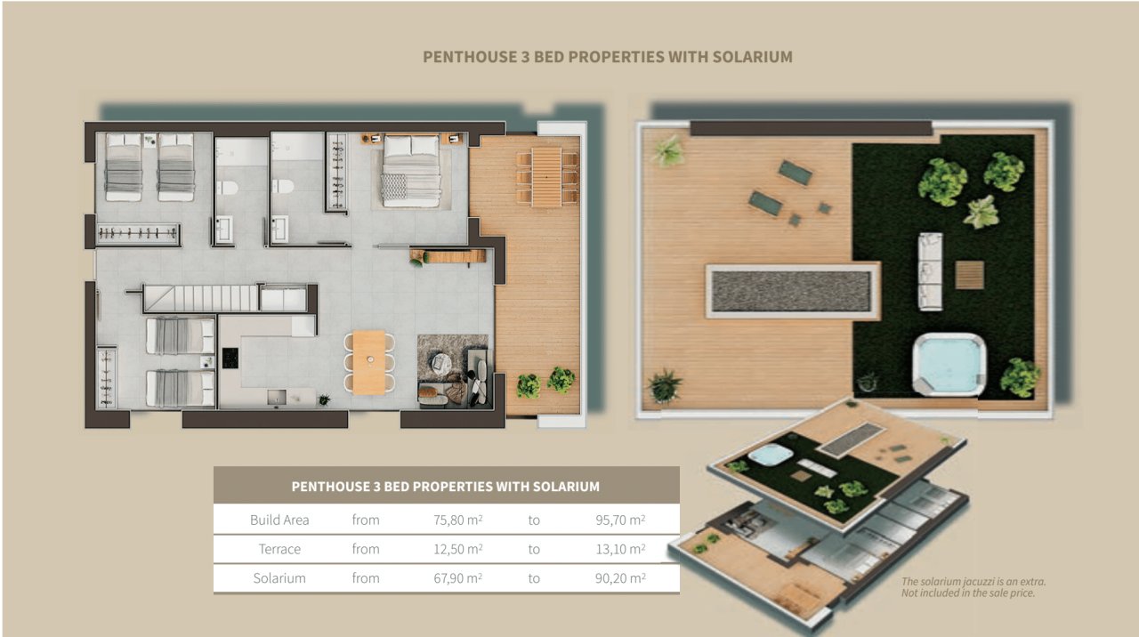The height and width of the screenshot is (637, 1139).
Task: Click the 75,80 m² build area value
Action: [457, 520]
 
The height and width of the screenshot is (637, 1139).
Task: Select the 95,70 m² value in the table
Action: [620, 520]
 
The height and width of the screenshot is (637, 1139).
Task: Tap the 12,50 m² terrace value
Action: [457, 549]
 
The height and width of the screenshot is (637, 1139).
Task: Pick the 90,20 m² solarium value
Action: [620, 578]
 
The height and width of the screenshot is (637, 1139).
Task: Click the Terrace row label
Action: [279, 549]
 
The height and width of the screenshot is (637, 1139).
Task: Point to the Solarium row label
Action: [279, 578]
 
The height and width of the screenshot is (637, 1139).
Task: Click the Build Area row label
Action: [279, 520]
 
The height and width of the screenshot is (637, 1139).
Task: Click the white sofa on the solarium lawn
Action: [930, 270]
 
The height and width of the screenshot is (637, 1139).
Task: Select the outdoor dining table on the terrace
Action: [546, 175]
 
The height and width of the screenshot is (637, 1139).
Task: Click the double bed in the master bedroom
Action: [411, 170]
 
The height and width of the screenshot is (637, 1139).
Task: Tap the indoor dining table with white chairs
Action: [369, 361]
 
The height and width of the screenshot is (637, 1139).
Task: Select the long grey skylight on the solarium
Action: [790, 291]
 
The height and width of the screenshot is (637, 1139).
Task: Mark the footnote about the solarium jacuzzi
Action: [973, 587]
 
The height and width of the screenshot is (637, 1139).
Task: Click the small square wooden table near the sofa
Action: [969, 274]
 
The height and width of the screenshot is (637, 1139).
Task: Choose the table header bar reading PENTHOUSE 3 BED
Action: [446, 487]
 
